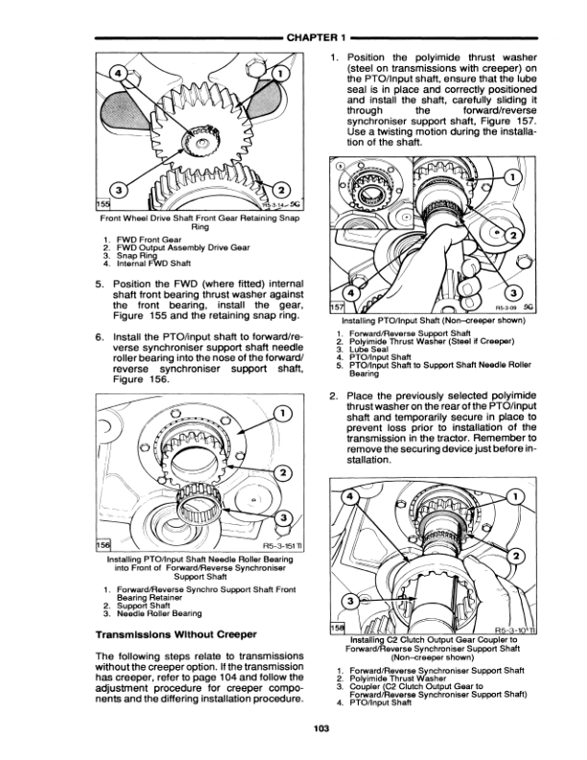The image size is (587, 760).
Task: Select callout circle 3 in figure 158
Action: tap(353, 601)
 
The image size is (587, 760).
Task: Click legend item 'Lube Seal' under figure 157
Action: tap(378, 351)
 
